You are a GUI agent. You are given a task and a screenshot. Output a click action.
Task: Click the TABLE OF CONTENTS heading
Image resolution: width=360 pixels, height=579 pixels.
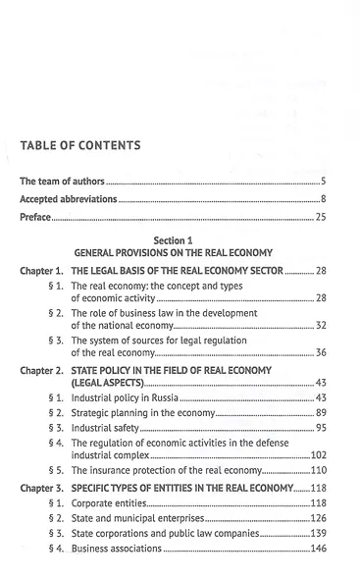[x=80, y=145]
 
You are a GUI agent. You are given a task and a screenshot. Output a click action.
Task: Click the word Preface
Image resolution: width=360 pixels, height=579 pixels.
[x=36, y=217]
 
